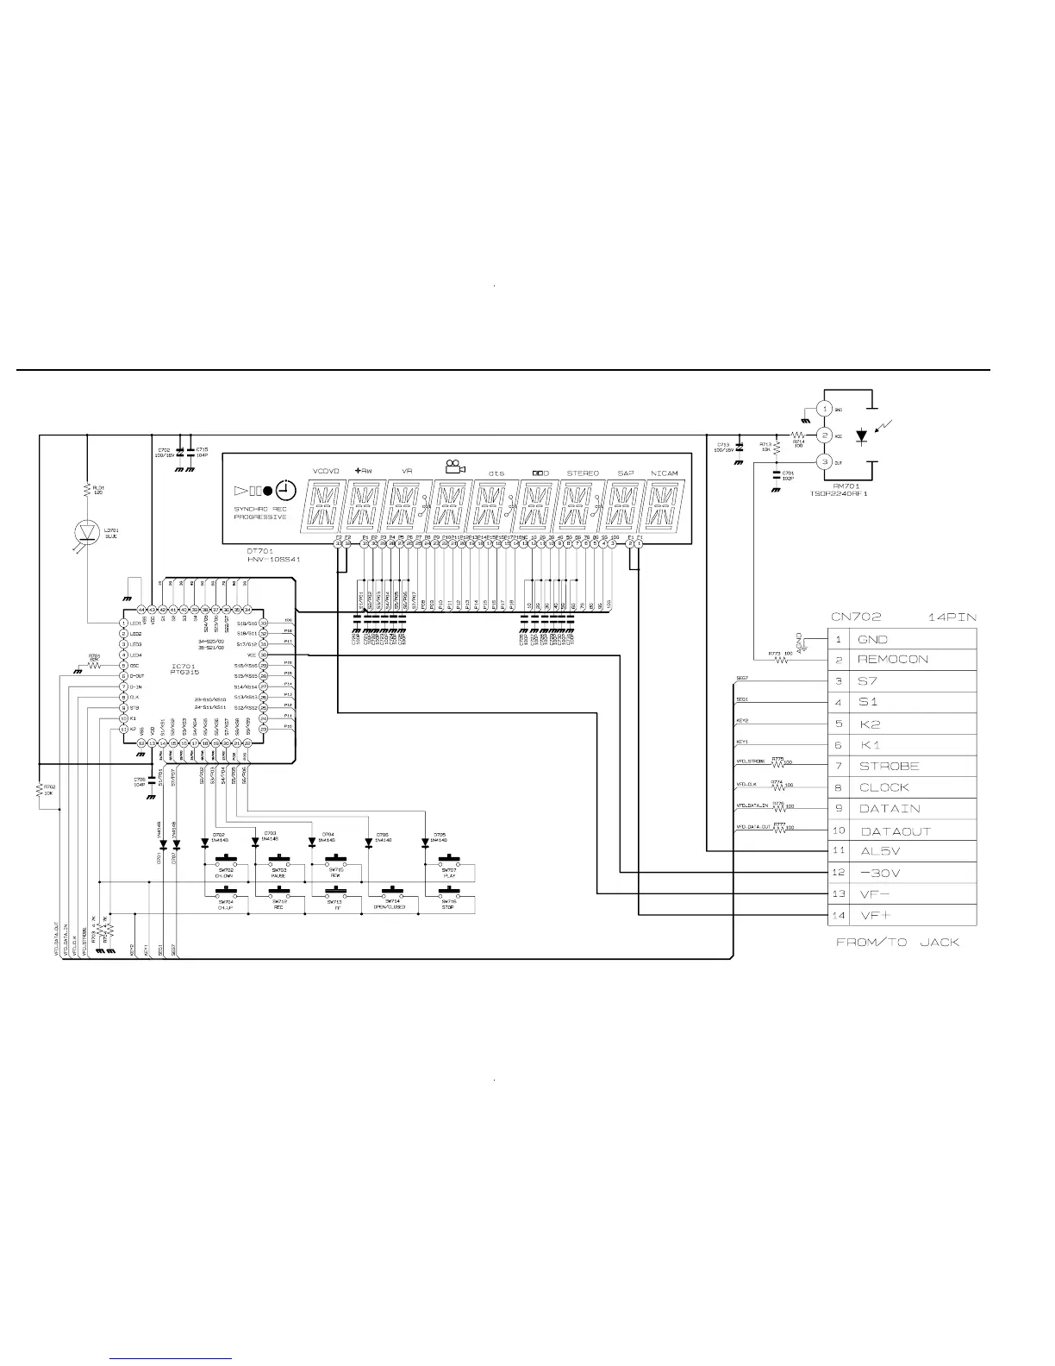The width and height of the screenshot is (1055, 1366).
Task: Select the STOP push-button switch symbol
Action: [448, 892]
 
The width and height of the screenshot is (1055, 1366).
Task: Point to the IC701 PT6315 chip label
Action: [185, 668]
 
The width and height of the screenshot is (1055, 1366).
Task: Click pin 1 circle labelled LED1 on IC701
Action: [124, 623]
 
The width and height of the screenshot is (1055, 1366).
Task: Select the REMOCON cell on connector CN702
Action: [893, 660]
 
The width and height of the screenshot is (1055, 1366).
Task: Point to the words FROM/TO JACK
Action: [897, 942]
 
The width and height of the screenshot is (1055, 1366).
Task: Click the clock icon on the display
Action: [287, 490]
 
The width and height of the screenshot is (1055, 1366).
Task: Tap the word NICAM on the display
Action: [664, 473]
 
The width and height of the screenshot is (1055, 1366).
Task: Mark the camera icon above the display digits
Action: [455, 467]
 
